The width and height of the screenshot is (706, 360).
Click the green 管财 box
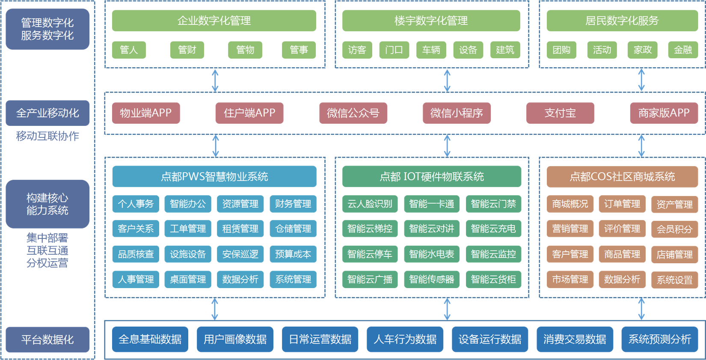tap(187, 50)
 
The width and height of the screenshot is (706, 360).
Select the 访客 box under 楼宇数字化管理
tap(357, 50)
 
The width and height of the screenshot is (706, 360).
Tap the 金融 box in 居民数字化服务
tap(683, 50)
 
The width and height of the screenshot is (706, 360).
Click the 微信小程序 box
tap(457, 113)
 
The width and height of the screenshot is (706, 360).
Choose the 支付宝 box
tap(560, 113)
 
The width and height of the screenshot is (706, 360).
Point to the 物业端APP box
tap(145, 113)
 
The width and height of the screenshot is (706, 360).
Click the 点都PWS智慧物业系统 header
tap(214, 176)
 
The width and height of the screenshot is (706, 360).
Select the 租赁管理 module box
tap(240, 229)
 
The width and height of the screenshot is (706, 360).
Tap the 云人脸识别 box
tap(370, 204)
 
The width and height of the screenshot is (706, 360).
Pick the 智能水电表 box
tap(431, 254)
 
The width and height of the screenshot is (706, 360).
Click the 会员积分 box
tap(674, 229)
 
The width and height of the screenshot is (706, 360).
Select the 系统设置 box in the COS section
tap(674, 280)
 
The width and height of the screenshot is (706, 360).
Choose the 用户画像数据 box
tap(235, 339)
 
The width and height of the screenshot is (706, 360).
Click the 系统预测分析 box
tap(659, 339)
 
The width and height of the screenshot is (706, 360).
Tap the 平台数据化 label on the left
tap(47, 340)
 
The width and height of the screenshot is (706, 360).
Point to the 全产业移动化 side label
tap(47, 113)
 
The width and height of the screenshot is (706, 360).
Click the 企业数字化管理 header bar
tap(214, 21)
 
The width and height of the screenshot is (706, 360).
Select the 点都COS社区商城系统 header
tap(622, 176)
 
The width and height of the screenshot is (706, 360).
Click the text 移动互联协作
tap(47, 136)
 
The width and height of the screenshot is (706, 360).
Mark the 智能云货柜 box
tap(493, 280)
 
